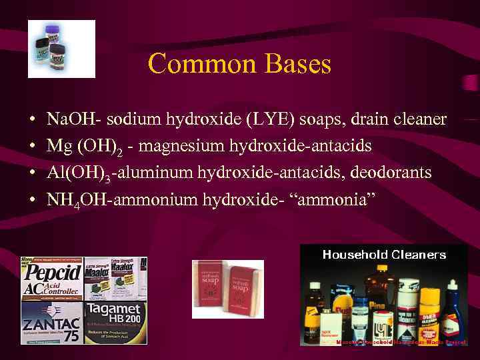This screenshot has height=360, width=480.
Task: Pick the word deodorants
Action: click(394, 173)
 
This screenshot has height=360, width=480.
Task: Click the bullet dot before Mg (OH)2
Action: click(33, 146)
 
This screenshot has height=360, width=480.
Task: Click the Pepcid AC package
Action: click(51, 279)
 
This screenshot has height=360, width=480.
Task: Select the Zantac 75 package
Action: click(51, 323)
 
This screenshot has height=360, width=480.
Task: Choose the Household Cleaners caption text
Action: click(384, 254)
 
